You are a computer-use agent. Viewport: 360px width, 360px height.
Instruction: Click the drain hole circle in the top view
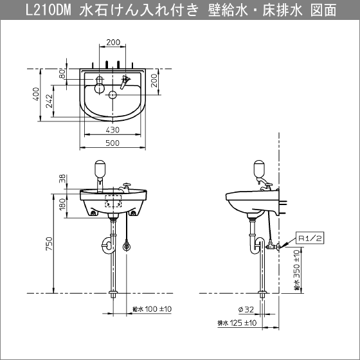[x=113, y=95]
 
